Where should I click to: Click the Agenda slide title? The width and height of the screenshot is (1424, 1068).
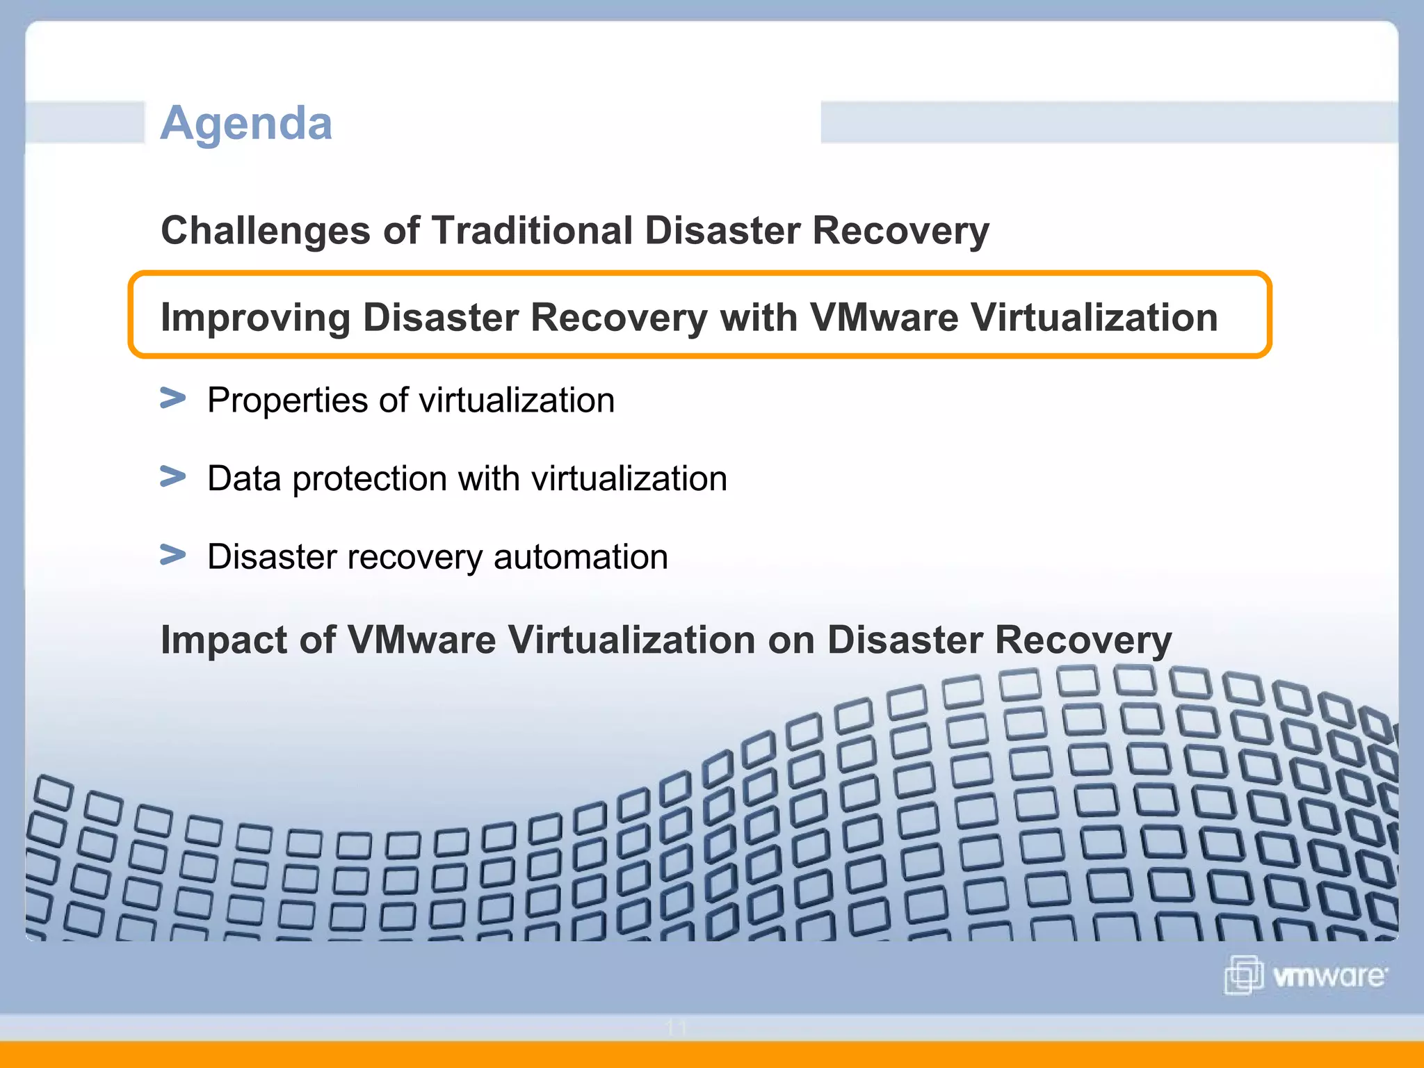point(246,123)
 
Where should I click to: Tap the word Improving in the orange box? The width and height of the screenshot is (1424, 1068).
point(255,318)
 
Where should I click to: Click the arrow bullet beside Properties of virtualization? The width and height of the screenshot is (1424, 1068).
point(172,398)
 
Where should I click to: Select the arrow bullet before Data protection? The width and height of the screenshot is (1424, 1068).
point(172,477)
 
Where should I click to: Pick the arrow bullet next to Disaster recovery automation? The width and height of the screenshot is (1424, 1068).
point(172,555)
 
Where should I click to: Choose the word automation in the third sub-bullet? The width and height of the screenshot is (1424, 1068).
point(581,557)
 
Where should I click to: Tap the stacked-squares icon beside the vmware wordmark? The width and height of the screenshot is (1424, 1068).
point(1243,975)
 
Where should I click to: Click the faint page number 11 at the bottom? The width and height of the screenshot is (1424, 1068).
point(676,1028)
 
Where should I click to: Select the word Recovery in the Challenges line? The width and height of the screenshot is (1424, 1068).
point(900,231)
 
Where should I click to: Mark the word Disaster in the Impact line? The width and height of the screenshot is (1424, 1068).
point(905,640)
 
